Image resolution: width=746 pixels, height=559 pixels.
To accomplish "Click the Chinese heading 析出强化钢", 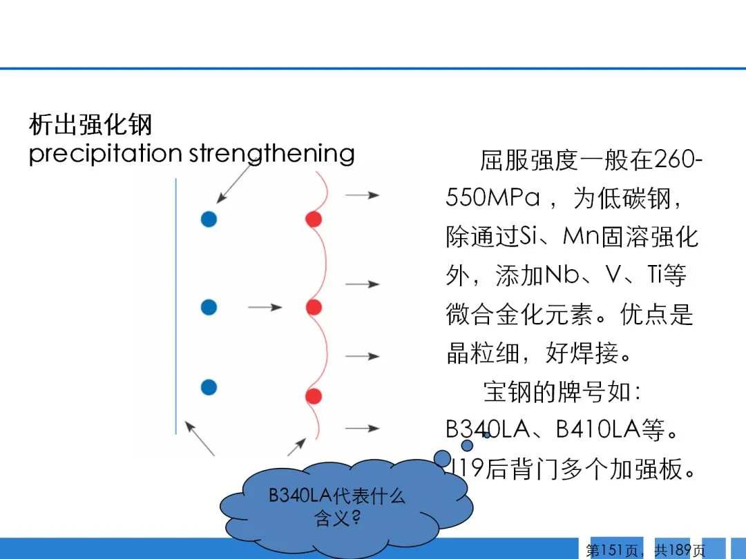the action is click(90, 124).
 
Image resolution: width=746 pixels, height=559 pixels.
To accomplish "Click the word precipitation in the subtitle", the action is click(106, 154).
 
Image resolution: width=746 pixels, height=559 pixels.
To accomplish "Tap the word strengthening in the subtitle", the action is click(271, 154).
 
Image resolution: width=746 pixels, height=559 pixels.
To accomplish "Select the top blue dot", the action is click(209, 219).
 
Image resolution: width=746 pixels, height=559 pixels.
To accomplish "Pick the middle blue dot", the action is click(209, 307).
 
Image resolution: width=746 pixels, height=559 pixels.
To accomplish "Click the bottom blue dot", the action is click(209, 387).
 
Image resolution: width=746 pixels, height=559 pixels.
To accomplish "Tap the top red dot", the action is click(314, 219).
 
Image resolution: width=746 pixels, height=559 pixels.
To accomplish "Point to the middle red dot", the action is click(314, 307).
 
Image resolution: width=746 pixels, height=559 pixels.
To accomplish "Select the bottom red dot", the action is click(314, 396).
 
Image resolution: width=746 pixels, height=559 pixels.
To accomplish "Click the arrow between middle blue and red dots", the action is click(265, 308).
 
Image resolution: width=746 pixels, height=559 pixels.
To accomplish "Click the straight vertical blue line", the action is click(176, 306).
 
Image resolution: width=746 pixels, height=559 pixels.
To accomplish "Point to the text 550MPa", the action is click(493, 197).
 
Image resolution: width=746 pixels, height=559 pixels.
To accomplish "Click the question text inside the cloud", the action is click(337, 507).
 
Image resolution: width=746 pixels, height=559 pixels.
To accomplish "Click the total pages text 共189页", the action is click(680, 551).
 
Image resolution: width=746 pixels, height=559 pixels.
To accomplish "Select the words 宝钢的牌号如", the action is click(557, 392).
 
